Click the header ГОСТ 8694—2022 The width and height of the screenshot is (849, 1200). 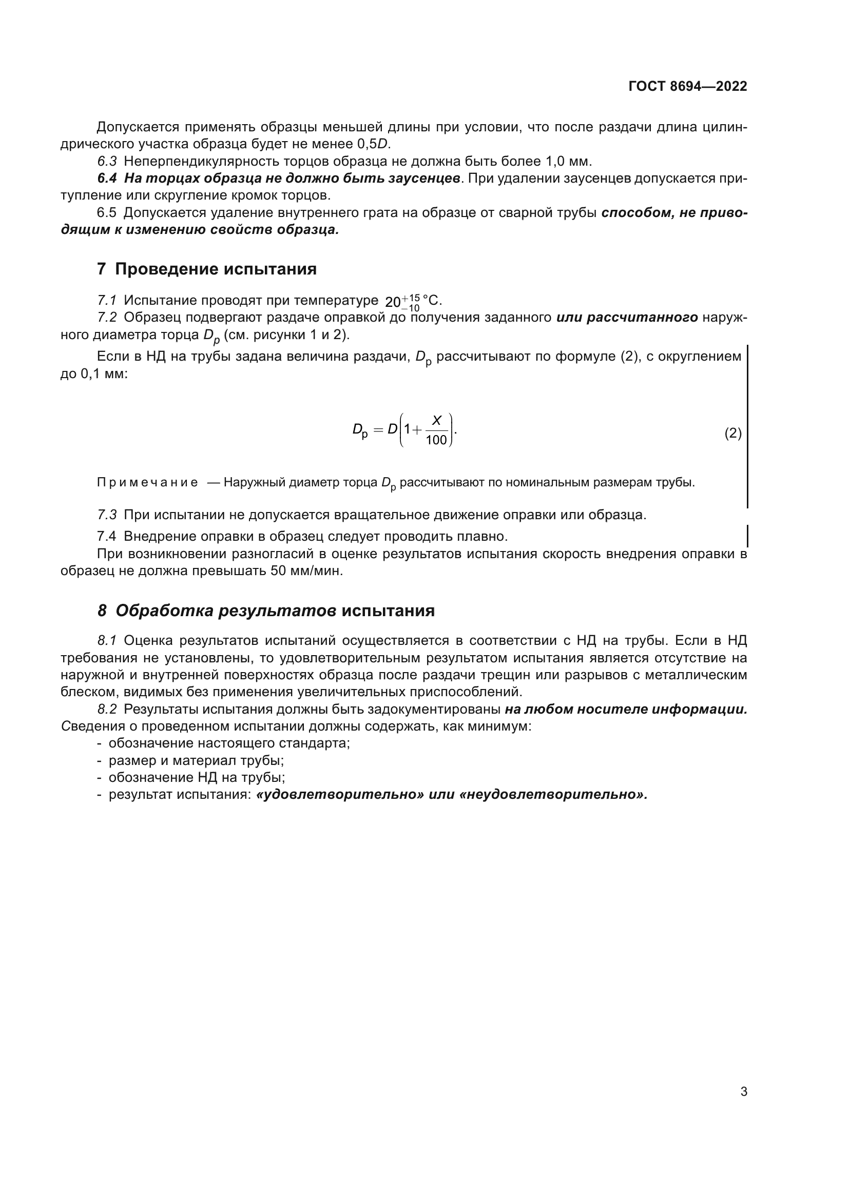687,86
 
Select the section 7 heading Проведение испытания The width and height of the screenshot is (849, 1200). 207,269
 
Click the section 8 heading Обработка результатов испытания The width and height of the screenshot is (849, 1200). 266,611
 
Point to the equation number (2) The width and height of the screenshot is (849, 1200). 733,434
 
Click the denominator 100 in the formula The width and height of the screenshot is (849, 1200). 436,441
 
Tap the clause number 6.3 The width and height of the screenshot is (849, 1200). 107,161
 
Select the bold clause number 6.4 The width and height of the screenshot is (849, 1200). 107,178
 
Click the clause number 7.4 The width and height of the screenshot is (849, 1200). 107,536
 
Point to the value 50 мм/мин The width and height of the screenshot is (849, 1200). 306,571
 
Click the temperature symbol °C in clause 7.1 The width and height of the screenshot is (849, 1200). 431,301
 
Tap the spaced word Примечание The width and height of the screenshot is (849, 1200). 147,482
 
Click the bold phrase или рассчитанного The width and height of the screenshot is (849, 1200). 627,317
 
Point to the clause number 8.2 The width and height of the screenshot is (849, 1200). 107,709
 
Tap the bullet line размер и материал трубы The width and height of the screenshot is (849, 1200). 196,760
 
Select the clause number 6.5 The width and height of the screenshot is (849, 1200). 107,213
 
